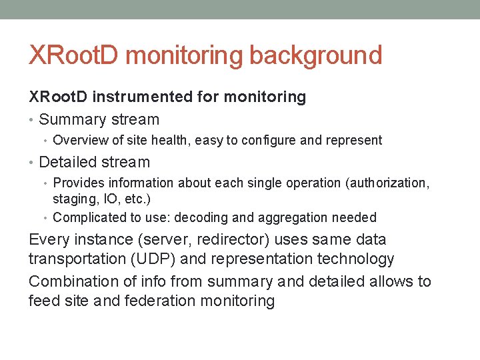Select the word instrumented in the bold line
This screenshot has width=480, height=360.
point(143,97)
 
